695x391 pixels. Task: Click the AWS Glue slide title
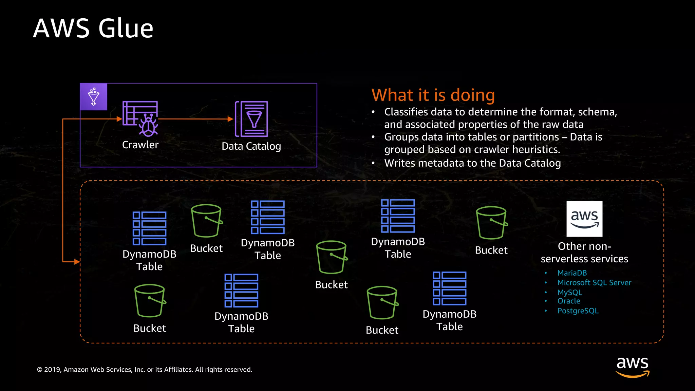(93, 28)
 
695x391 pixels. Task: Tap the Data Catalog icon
(251, 119)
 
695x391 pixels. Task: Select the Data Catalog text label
(251, 146)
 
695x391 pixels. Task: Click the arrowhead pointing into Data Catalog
(230, 119)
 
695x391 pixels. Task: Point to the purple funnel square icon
(94, 97)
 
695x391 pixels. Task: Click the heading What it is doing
(433, 95)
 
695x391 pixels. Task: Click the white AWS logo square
(584, 219)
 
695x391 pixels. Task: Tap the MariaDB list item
(572, 273)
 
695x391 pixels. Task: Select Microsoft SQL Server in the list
(594, 283)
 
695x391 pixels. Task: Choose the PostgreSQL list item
(578, 311)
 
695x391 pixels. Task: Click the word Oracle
(568, 301)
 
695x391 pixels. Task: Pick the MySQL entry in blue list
(569, 292)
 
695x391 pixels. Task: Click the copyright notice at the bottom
(145, 370)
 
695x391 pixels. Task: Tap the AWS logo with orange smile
(632, 367)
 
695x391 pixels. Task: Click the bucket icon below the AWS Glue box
(206, 221)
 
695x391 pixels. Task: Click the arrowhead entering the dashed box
(77, 262)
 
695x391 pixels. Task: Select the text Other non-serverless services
(584, 253)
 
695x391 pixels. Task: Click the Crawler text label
(140, 145)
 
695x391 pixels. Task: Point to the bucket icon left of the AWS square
(491, 223)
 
